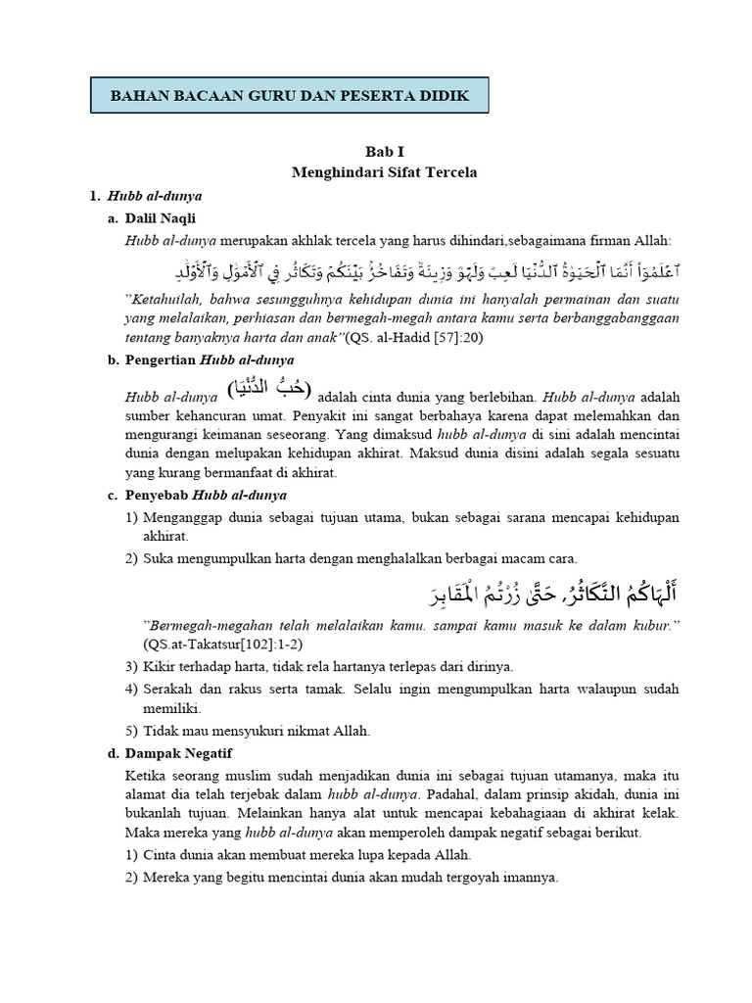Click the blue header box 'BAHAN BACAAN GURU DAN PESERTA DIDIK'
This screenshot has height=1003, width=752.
pyautogui.click(x=289, y=96)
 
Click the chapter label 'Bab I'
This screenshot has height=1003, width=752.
pyautogui.click(x=384, y=152)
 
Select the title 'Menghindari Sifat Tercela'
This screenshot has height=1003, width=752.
pyautogui.click(x=384, y=172)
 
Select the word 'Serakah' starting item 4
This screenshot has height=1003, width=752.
pyautogui.click(x=166, y=689)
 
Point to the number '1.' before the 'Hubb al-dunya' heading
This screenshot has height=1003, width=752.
pyautogui.click(x=95, y=196)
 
